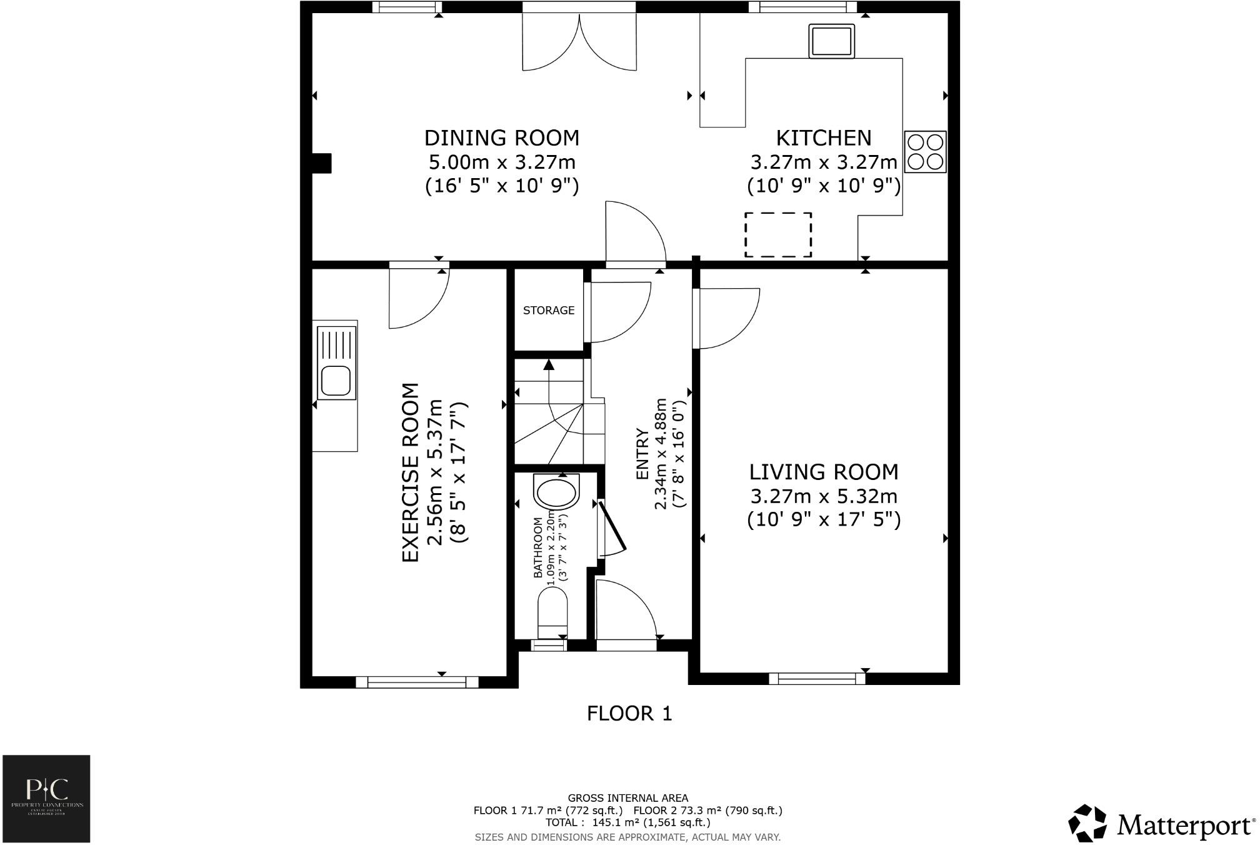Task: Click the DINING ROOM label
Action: (501, 138)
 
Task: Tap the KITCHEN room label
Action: (823, 138)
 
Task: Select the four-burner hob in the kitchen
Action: (924, 152)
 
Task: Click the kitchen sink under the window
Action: (831, 41)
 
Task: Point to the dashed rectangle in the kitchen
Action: (777, 234)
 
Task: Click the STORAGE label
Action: (548, 311)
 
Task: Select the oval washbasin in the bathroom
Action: (556, 492)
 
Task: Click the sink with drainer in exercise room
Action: (336, 362)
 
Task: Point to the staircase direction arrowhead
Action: (549, 364)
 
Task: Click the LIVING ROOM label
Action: (823, 472)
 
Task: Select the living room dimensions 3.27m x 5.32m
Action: (823, 497)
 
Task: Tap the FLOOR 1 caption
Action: (629, 713)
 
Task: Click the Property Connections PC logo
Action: (47, 798)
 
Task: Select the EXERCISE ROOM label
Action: (410, 472)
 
